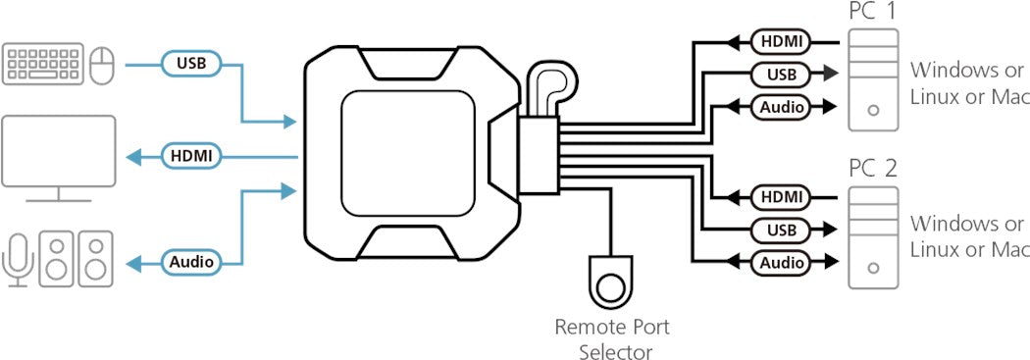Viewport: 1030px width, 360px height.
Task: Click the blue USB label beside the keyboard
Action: pos(190,64)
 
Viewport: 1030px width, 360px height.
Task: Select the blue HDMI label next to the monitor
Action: pos(190,155)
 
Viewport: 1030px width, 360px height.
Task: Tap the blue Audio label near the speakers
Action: pos(190,262)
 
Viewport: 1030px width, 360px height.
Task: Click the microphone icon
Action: pos(18,259)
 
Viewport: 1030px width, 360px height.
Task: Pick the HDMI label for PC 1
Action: pos(780,41)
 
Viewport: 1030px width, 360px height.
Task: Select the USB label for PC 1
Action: pos(781,74)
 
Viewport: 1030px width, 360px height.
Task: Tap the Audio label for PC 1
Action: pos(781,107)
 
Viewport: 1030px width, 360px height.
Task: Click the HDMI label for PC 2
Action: pos(780,197)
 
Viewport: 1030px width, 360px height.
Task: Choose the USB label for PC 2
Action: pos(781,230)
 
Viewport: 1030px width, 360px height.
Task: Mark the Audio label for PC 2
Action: pos(781,263)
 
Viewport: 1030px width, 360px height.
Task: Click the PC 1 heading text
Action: pos(873,12)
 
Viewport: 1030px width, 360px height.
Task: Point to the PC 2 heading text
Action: pos(873,168)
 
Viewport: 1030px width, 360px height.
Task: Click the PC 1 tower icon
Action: pos(873,77)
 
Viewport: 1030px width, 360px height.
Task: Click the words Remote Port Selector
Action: pos(612,338)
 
